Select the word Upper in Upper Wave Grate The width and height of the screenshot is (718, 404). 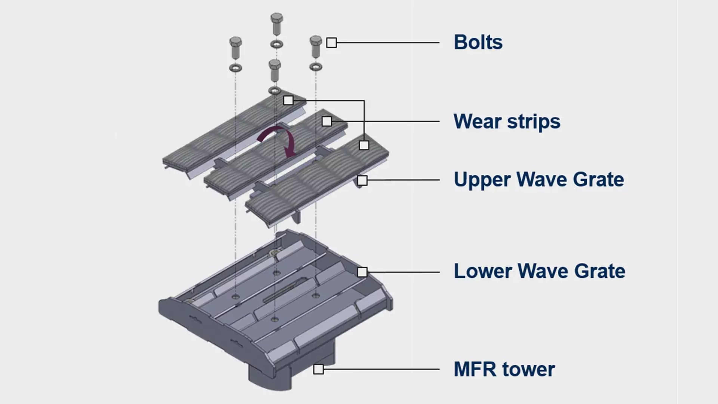pyautogui.click(x=482, y=180)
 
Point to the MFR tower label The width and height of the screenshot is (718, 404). pyautogui.click(x=504, y=369)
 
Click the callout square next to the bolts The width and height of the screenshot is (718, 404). pyautogui.click(x=331, y=43)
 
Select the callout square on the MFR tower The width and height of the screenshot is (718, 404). pyautogui.click(x=318, y=369)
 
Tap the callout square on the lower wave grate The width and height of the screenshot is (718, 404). pyautogui.click(x=362, y=272)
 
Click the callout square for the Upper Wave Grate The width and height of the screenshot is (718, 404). pyautogui.click(x=362, y=180)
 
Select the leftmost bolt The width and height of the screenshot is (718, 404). pyautogui.click(x=236, y=47)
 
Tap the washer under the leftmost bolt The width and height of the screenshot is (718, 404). pyautogui.click(x=236, y=68)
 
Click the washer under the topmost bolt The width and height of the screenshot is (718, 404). pyautogui.click(x=277, y=44)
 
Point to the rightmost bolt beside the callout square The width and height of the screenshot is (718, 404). pyautogui.click(x=316, y=46)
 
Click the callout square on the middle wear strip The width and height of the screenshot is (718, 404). pyautogui.click(x=327, y=121)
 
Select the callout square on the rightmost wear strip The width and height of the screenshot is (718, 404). pyautogui.click(x=364, y=145)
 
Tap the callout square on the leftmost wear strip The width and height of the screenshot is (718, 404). pyautogui.click(x=288, y=100)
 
